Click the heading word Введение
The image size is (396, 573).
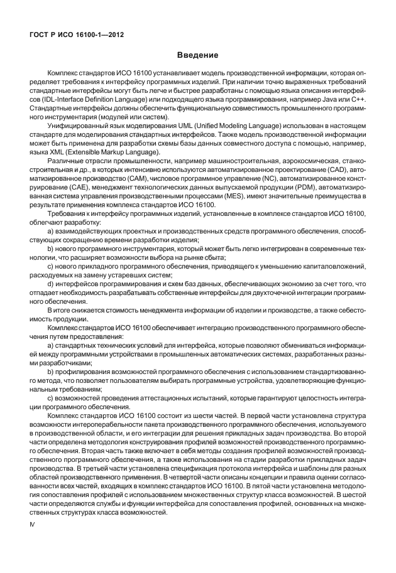click(x=197, y=56)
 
